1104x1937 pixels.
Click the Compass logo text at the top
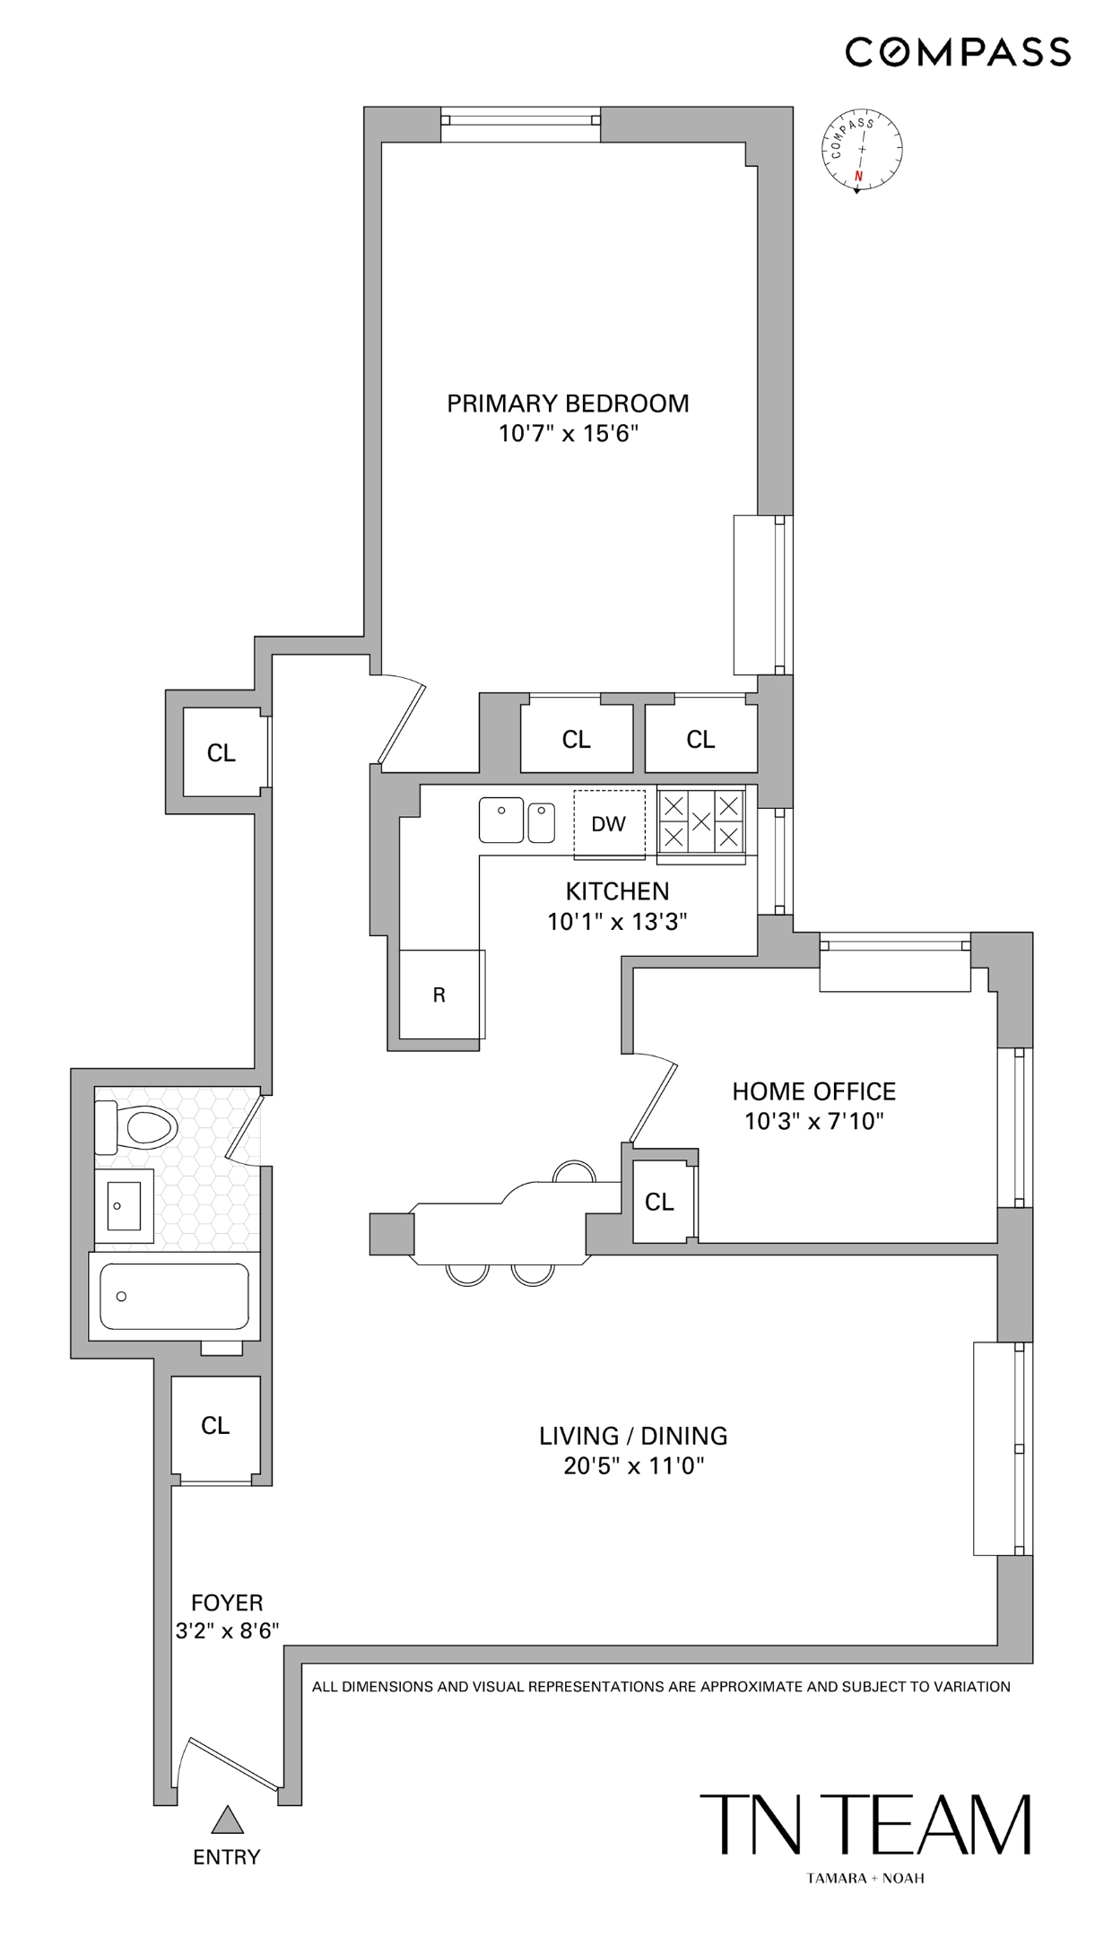click(958, 52)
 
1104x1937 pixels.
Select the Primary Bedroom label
click(568, 404)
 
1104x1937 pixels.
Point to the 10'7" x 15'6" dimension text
click(568, 435)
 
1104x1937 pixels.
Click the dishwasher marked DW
click(609, 823)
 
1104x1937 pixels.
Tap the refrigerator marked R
click(439, 994)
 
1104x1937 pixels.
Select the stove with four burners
click(701, 821)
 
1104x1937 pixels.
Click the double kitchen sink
click(517, 820)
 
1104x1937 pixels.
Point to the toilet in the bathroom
click(139, 1126)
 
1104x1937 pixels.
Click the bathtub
click(174, 1297)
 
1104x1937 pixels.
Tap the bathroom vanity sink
click(124, 1207)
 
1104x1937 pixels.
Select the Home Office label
click(813, 1091)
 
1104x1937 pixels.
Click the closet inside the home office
click(660, 1202)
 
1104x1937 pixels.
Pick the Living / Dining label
click(633, 1436)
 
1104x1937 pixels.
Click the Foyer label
click(227, 1603)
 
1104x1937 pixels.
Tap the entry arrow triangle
click(228, 1820)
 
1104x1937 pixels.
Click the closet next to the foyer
click(215, 1426)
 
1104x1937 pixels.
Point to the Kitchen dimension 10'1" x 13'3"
click(617, 922)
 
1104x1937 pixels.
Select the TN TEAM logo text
click(865, 1825)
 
